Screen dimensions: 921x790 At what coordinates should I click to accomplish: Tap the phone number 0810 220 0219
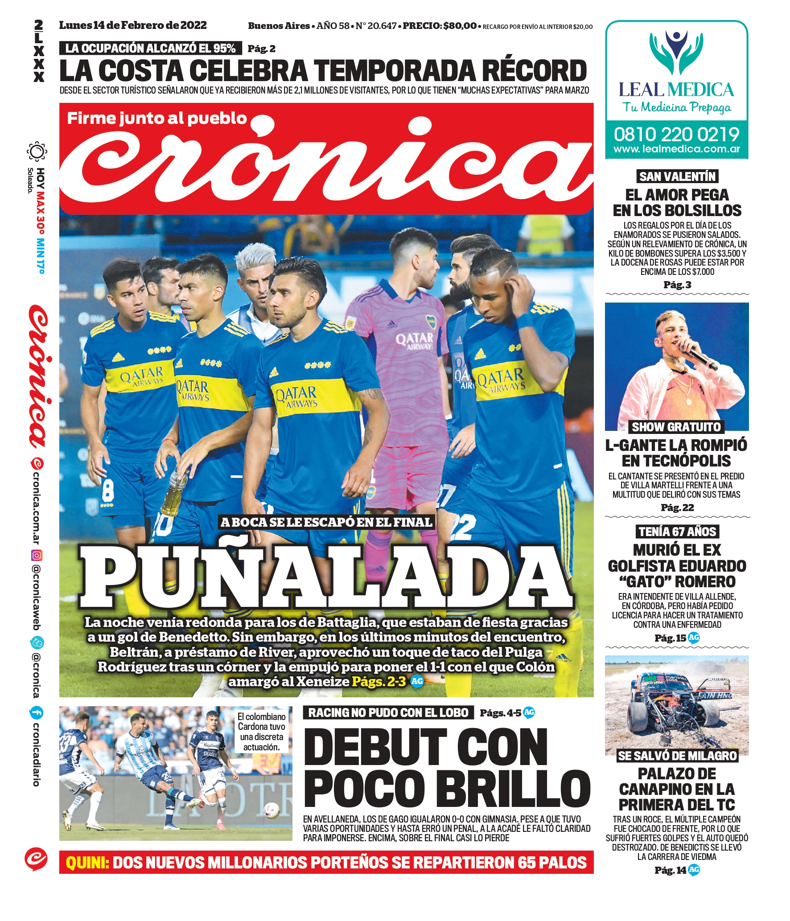click(x=676, y=134)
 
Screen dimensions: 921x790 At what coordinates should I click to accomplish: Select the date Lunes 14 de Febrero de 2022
click(x=133, y=25)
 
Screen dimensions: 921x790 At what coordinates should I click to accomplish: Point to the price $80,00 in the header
click(x=460, y=26)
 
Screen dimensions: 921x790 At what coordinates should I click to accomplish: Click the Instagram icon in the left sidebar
click(x=37, y=555)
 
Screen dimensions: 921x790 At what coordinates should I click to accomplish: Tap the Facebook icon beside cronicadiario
click(x=36, y=712)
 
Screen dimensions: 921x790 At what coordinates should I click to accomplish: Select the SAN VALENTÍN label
click(x=677, y=176)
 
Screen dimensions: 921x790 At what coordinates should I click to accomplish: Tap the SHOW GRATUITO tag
click(x=676, y=427)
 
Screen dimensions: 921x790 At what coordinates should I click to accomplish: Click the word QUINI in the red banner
click(x=87, y=863)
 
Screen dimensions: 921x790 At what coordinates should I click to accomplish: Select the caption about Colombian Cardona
click(x=261, y=731)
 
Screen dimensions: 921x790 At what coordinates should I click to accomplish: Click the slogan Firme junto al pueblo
click(x=157, y=118)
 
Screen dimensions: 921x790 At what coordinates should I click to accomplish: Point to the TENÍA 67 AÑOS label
click(x=677, y=532)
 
